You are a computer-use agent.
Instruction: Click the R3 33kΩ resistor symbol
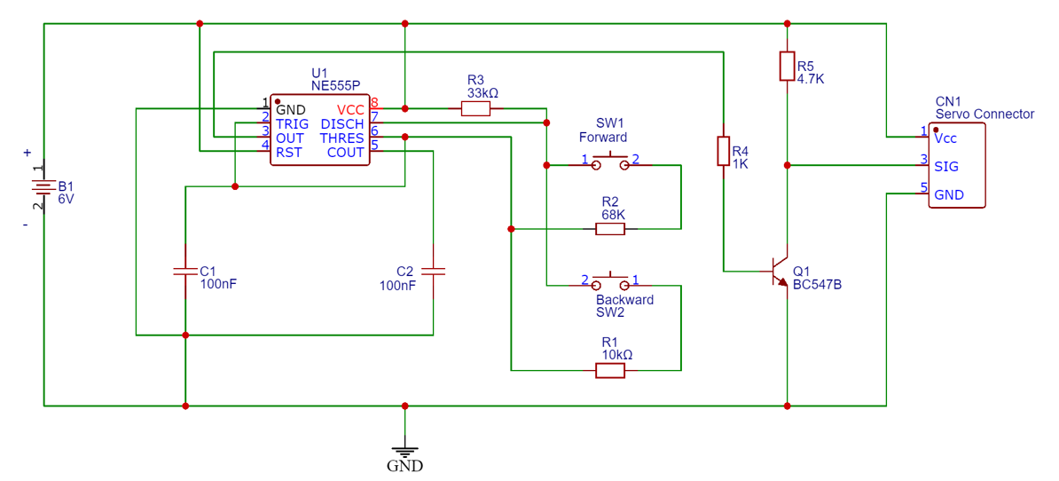[x=475, y=109]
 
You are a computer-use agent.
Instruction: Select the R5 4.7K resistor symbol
[x=787, y=67]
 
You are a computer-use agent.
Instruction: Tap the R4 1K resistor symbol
[x=724, y=152]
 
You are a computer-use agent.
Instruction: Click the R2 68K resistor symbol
[x=610, y=229]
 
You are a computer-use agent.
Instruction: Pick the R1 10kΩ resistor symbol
[x=610, y=370]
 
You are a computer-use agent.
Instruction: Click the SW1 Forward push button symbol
[x=610, y=163]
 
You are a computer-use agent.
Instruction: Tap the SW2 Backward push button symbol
[x=610, y=283]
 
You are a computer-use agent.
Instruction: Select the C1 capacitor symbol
[x=184, y=271]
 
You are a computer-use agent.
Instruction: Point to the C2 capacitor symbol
[x=433, y=271]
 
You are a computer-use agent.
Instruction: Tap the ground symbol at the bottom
[x=404, y=449]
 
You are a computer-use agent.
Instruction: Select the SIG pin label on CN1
[x=946, y=166]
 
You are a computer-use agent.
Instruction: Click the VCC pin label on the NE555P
[x=350, y=110]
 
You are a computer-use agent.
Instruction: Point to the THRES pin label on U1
[x=341, y=138]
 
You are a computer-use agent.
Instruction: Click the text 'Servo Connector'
[x=984, y=114]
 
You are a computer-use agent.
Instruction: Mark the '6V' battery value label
[x=67, y=200]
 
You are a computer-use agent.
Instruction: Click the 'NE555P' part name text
[x=335, y=86]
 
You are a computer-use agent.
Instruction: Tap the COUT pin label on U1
[x=345, y=153]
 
